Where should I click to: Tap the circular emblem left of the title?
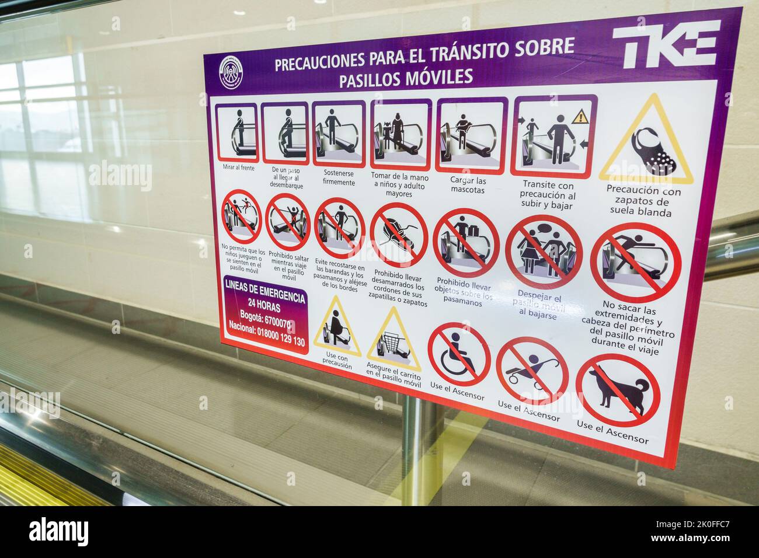pos(232,71)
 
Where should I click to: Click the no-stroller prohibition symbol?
pos(531,370)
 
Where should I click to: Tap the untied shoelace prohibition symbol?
pos(399,235)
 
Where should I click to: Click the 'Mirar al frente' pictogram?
pos(237,132)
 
